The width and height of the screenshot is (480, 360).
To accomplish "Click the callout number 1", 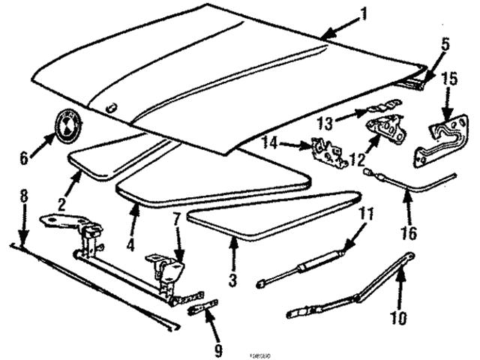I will pos(364,13).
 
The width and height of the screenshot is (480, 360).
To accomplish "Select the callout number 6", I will pos(23,158).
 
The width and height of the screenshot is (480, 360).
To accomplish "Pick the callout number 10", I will pos(398,318).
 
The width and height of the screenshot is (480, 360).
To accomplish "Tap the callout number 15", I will pos(449,79).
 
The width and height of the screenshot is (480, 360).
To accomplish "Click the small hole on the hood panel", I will pos(112,107).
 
